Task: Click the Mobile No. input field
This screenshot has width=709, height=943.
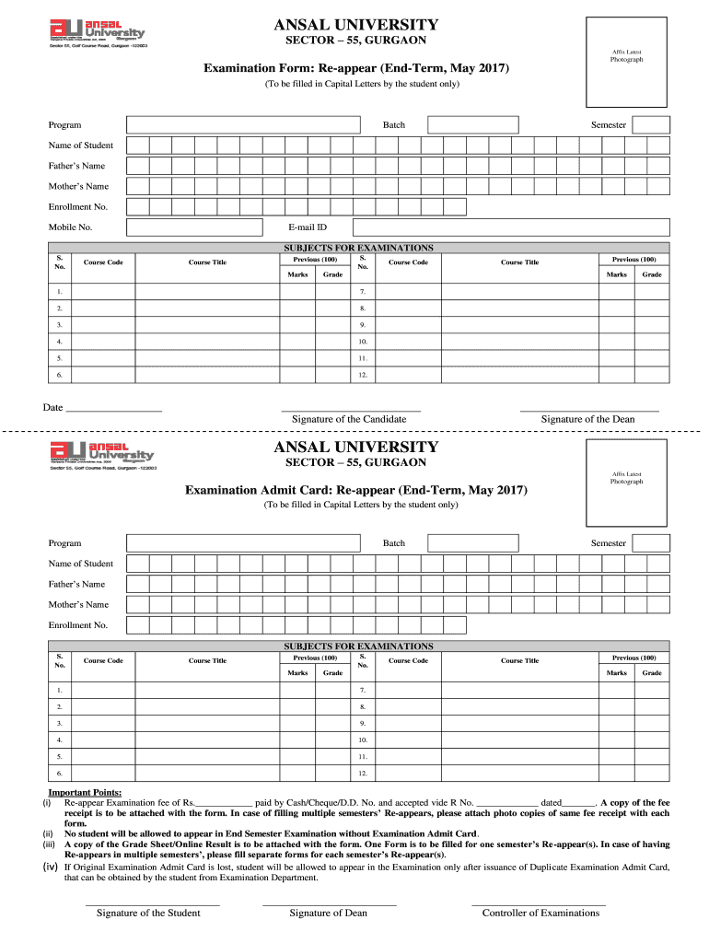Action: coord(193,227)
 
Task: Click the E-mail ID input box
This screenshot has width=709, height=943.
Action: coord(511,227)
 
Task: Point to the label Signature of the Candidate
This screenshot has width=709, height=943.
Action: coord(349,419)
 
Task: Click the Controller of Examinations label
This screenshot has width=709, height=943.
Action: coord(540,913)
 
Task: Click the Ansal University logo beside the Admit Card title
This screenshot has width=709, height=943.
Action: coord(102,455)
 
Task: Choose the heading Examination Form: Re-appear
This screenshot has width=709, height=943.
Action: coord(355,69)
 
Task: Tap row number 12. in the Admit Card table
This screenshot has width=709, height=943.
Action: coord(363,774)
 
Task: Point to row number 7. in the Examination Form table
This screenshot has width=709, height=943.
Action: coord(363,292)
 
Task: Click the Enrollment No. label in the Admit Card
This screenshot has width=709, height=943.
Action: coord(78,625)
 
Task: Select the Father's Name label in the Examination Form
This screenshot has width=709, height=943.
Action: coord(76,166)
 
